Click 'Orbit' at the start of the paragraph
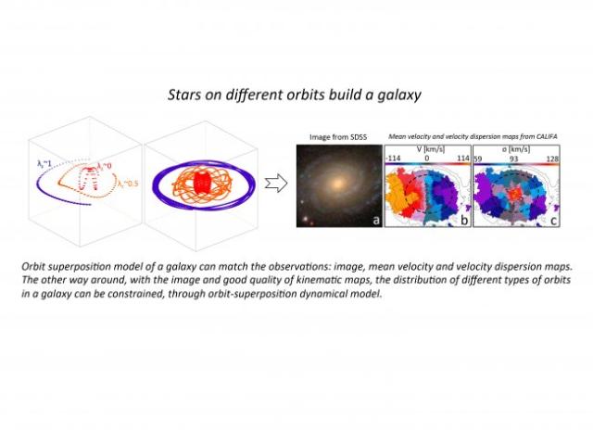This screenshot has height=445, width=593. [x=36, y=266]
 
